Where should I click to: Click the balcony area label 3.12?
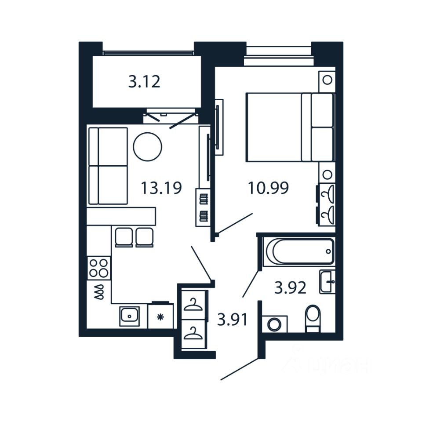144,82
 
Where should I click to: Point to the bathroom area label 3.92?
290,288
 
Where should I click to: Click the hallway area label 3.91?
233,319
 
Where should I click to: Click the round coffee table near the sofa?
148,146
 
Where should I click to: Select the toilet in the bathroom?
313,318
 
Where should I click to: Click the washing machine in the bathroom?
275,324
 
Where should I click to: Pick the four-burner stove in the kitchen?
99,268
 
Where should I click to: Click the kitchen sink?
129,316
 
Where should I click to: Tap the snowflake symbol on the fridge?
160,316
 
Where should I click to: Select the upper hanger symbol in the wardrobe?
193,305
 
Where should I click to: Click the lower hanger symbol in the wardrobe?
193,334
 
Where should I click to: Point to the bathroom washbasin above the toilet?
327,281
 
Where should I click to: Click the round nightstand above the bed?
327,80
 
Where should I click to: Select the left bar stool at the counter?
123,237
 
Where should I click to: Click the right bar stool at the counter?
144,237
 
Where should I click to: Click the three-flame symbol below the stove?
99,291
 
